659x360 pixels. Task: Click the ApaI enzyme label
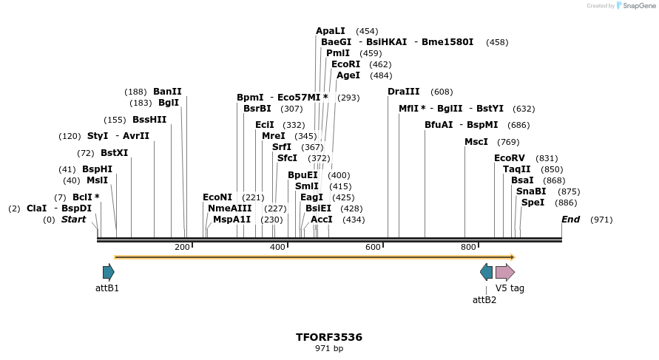[x=331, y=31]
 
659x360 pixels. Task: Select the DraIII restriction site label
[x=403, y=92]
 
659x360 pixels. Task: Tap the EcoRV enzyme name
[x=510, y=158]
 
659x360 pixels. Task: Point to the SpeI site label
[x=533, y=203]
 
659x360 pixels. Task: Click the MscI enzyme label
[x=476, y=142]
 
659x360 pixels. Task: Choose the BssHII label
[x=149, y=120]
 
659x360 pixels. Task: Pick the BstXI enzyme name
[x=114, y=153]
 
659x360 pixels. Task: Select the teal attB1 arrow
[x=109, y=272]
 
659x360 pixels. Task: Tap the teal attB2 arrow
[x=486, y=272]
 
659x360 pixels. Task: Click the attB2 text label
[x=484, y=299]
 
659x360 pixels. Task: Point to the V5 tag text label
[x=510, y=288]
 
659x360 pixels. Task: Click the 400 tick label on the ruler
[x=278, y=247]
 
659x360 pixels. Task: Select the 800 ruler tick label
[x=468, y=247]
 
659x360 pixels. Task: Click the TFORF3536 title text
[x=329, y=337]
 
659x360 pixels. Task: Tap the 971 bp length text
[x=329, y=348]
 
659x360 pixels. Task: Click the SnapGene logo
[x=635, y=6]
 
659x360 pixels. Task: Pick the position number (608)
[x=442, y=92]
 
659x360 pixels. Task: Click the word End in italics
[x=570, y=220]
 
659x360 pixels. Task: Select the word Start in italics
[x=73, y=220]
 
